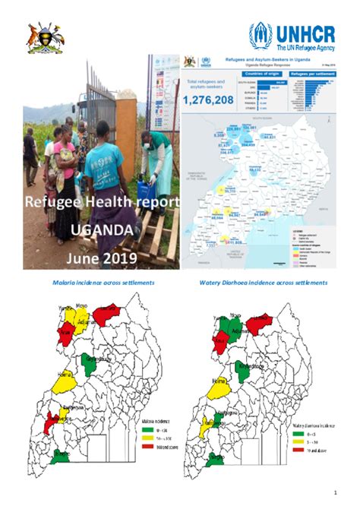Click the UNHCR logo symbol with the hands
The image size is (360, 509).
click(261, 35)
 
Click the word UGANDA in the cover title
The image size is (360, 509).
click(102, 229)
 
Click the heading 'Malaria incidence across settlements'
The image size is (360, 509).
click(103, 282)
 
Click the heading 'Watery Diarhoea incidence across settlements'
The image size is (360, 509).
click(263, 282)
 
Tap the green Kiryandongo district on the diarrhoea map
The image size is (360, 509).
click(247, 370)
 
